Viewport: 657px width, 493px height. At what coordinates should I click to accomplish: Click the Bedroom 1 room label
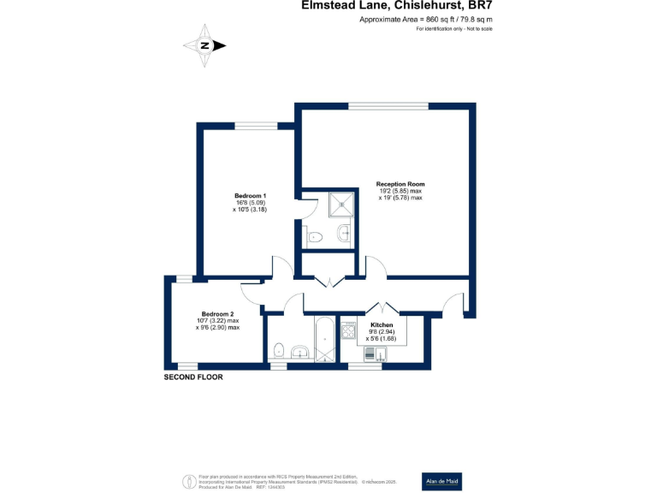coord(250,195)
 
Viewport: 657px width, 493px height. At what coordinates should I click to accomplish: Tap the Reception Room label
coord(400,184)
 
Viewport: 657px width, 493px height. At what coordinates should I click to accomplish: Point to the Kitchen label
coord(382,325)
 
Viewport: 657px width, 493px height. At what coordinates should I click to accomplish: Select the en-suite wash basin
coord(344,233)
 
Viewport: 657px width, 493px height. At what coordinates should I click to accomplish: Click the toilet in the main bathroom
coord(279,348)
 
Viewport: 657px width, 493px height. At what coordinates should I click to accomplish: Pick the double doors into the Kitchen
coord(380,309)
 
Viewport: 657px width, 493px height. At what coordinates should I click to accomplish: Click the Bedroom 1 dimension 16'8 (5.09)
coord(250,202)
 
